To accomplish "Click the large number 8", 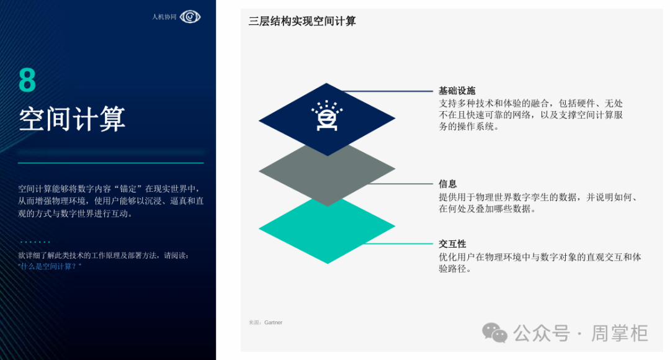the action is [x=27, y=80].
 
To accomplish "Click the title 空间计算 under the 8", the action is [x=72, y=119].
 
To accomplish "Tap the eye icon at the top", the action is [x=190, y=17].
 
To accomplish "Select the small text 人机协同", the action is [x=164, y=17].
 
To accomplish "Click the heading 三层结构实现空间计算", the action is [x=302, y=21].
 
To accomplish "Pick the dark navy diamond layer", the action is [x=327, y=119].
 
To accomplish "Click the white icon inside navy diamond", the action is [x=327, y=115].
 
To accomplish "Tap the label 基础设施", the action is [x=457, y=91].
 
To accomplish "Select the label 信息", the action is [x=448, y=184].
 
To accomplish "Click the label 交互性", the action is [x=452, y=244].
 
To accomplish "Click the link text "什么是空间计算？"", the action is [x=50, y=266].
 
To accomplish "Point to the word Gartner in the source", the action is [x=274, y=322].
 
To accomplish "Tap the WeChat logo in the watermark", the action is [x=495, y=333].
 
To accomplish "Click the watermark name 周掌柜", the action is [x=620, y=333].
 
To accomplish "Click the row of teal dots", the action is [x=35, y=242].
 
